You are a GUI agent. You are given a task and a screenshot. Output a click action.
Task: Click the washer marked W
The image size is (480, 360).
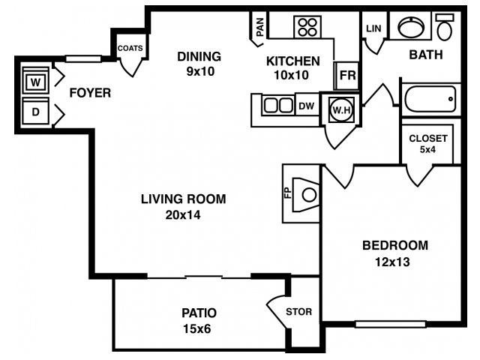(35, 81)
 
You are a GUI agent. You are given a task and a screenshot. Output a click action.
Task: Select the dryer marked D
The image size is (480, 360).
(35, 112)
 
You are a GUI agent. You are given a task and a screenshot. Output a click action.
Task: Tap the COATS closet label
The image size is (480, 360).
(130, 48)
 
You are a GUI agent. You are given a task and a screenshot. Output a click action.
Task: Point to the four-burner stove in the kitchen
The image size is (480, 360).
(307, 27)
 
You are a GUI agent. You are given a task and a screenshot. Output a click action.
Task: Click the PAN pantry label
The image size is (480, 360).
(260, 27)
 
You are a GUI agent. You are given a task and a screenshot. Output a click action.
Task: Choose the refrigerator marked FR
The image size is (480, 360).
(348, 75)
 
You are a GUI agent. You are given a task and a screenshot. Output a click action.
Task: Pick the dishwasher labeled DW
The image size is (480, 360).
(307, 106)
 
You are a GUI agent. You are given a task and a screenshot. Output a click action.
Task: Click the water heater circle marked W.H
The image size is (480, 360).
(342, 109)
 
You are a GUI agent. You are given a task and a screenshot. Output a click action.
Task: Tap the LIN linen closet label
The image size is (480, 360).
(373, 28)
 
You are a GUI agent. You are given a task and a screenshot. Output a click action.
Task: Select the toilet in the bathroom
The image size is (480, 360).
(445, 27)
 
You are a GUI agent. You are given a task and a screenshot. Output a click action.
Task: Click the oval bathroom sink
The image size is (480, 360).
(411, 27)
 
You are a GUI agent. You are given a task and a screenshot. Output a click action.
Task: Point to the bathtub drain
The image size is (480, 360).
(451, 99)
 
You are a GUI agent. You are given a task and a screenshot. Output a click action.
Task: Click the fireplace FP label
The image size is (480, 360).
(288, 193)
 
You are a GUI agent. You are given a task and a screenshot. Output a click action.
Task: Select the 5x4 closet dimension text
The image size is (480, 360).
(427, 150)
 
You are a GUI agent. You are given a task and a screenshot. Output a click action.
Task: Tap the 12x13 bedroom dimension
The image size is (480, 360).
(392, 262)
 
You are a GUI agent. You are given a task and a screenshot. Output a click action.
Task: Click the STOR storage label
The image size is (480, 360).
(298, 312)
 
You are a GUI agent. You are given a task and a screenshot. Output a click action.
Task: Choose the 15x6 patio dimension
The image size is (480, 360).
(197, 328)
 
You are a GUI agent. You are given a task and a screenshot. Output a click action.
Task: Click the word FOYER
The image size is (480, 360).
(90, 93)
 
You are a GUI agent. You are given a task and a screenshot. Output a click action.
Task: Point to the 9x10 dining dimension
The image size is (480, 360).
(200, 71)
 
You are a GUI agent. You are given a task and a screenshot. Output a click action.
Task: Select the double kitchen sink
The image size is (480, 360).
(278, 105)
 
